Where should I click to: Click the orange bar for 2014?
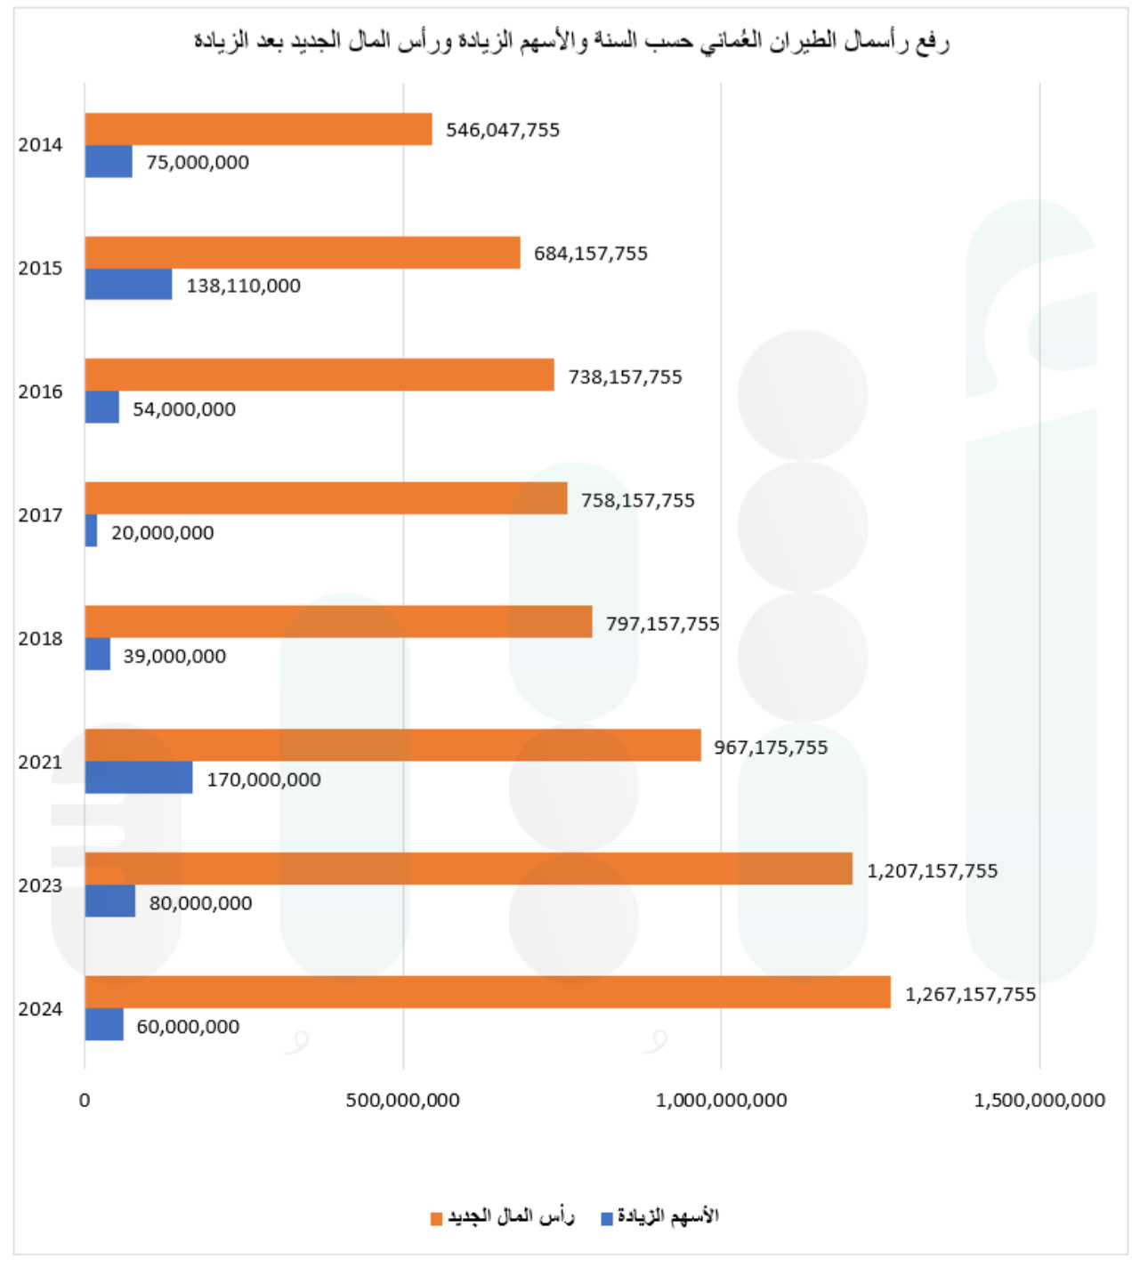[258, 129]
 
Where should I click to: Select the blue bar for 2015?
[128, 285]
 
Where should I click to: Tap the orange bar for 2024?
[488, 992]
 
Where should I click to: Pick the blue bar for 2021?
[139, 778]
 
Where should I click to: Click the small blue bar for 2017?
[91, 531]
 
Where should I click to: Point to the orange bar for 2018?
[338, 622]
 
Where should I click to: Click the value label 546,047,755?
[503, 130]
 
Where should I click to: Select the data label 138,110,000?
[243, 286]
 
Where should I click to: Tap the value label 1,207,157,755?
[932, 871]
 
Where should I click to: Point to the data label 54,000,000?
[184, 409]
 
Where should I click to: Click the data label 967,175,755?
[771, 747]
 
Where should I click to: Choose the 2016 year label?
[40, 392]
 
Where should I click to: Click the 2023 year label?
[40, 885]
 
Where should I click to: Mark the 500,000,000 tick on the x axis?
[403, 1101]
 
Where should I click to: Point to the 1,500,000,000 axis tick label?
[1039, 1101]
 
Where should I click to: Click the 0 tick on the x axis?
[85, 1101]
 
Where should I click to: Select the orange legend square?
[436, 1218]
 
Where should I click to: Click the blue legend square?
[607, 1218]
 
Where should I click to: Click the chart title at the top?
[571, 41]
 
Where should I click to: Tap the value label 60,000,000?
[188, 1027]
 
